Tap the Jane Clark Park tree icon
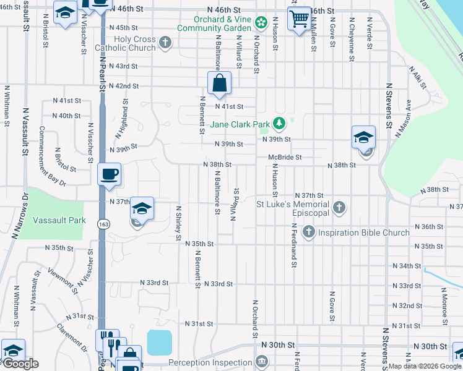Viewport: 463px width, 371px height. click(279, 124)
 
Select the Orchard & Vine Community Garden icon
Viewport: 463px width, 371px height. click(261, 23)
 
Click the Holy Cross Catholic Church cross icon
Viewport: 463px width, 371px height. click(165, 43)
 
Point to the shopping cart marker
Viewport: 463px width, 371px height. click(299, 19)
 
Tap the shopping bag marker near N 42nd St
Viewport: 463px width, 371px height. click(219, 82)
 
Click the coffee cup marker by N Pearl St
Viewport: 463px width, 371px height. click(110, 174)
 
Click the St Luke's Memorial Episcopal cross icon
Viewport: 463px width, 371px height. click(339, 207)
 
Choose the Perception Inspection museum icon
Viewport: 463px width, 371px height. click(262, 360)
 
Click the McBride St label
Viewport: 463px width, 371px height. click(284, 158)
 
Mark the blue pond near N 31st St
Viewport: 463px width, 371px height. click(159, 342)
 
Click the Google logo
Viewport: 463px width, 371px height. click(20, 363)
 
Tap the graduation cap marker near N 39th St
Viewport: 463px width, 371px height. click(363, 137)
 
